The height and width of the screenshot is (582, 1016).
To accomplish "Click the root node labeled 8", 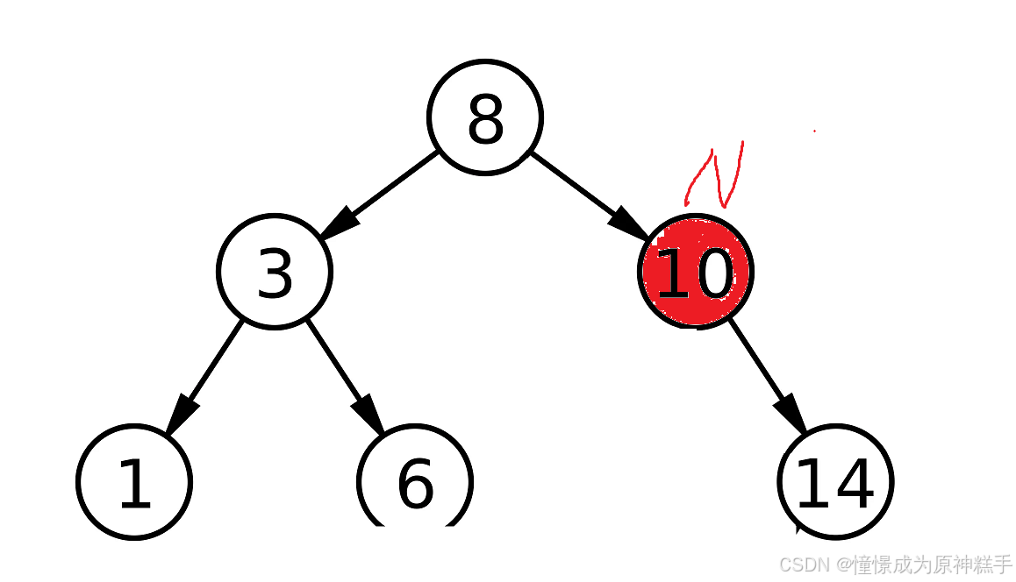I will pos(485,117).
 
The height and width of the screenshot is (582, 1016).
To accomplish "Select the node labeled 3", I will pos(275,272).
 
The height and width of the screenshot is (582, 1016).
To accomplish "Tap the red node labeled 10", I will pos(695,272).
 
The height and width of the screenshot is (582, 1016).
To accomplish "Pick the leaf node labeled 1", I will pos(134,481).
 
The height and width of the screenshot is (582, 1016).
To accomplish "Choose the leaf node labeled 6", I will pos(415,481).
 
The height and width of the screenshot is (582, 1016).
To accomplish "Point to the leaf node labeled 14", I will pos(835,481).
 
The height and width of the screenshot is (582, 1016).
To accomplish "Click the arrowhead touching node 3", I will pos(340,222).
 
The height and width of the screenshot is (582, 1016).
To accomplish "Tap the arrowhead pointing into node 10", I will pos(631,223).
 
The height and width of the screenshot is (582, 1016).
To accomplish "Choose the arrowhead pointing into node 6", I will pos(369,413).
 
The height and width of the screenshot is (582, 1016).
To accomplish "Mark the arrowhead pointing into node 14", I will pos(791,413).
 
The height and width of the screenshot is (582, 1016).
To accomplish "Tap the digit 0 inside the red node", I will pos(712,274).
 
